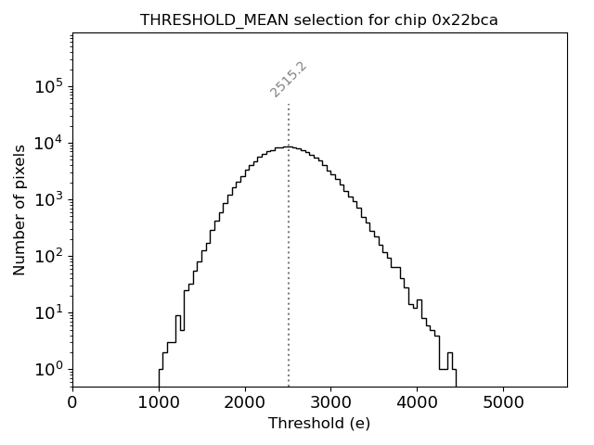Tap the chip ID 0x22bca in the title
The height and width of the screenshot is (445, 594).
point(465,20)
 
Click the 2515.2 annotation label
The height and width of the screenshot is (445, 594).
point(289,79)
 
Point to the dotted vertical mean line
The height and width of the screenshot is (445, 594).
point(289,278)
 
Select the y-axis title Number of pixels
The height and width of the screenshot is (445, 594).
point(20,210)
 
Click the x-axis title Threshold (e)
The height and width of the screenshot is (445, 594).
point(319,424)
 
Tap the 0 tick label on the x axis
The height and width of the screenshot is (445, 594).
point(72,401)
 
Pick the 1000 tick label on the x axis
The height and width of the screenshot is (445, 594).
point(159,401)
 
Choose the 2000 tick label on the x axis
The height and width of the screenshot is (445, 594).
point(245,401)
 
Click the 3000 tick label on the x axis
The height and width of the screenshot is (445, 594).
point(331,401)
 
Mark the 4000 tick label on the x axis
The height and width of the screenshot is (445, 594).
point(418,401)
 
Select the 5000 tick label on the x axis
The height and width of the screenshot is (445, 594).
point(504,401)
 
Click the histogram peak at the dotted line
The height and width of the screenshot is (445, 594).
point(289,146)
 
